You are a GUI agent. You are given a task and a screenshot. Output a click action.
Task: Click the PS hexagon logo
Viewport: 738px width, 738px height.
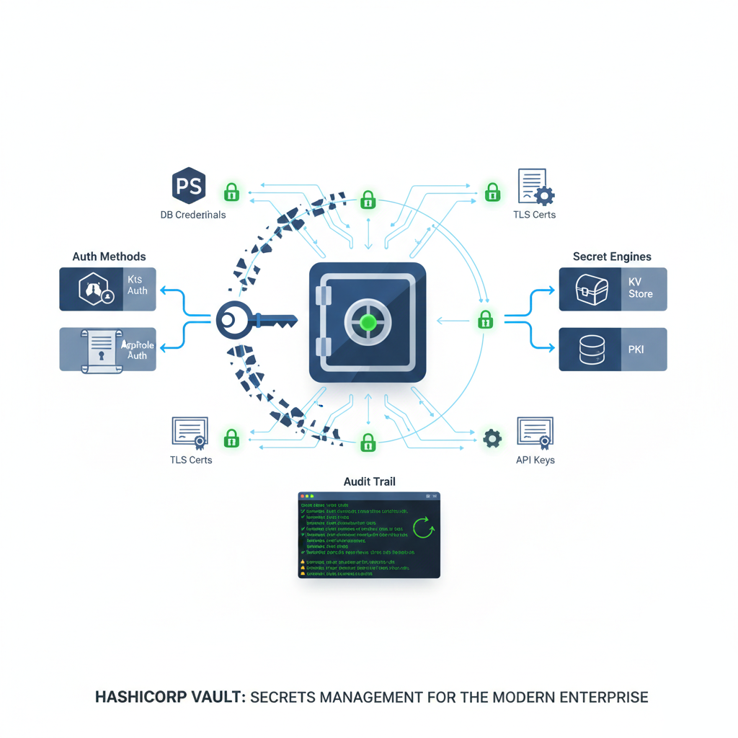(x=189, y=186)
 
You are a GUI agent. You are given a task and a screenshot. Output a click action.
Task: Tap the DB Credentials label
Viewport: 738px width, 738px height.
(x=192, y=215)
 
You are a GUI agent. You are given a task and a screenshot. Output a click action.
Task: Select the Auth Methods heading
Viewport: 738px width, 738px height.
(x=109, y=257)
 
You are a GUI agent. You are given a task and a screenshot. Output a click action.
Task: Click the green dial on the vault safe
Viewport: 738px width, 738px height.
(x=368, y=321)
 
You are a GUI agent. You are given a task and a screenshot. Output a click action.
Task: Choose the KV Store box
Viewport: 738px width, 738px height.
(x=613, y=289)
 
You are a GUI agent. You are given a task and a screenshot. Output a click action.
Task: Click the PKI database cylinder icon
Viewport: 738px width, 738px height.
(x=591, y=350)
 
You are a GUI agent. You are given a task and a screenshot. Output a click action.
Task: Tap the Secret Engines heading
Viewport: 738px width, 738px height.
(x=612, y=257)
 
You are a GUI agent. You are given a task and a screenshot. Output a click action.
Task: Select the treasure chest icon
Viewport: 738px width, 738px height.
(x=591, y=289)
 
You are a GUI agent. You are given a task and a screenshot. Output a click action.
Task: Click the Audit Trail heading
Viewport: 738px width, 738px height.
(x=369, y=481)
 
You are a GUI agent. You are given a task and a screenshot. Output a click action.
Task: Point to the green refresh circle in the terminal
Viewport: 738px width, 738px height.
(x=423, y=528)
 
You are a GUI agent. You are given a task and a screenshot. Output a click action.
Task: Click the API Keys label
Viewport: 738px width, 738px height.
(x=535, y=460)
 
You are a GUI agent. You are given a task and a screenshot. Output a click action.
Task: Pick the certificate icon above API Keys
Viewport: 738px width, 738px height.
(x=535, y=432)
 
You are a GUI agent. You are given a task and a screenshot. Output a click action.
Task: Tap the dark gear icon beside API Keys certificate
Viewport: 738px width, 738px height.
(x=492, y=438)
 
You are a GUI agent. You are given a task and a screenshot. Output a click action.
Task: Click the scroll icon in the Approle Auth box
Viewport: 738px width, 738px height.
(x=100, y=350)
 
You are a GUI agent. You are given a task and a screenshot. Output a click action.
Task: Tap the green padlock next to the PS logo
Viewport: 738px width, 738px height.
(x=231, y=192)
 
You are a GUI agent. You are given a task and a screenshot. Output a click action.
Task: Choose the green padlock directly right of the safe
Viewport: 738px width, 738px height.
(x=486, y=319)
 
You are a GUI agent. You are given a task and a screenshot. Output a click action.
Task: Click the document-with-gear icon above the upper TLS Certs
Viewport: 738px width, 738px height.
(x=535, y=187)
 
